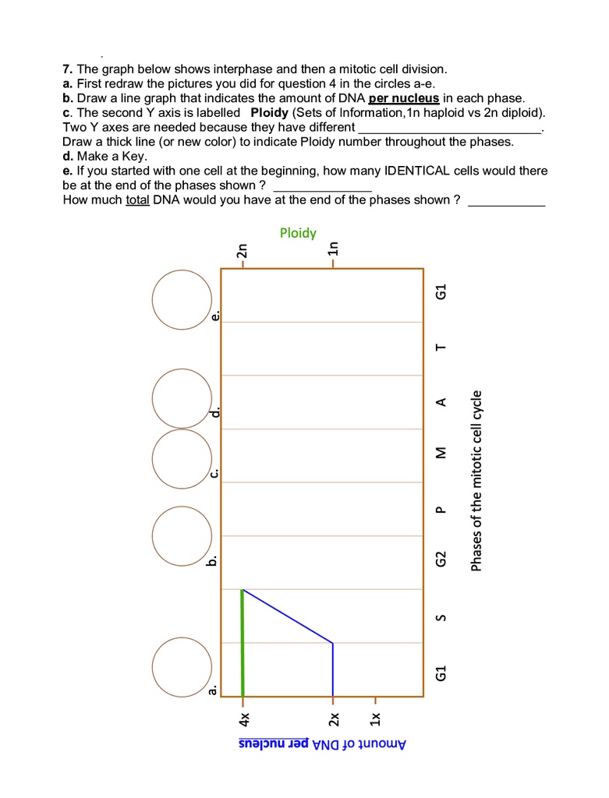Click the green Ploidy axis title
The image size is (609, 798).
[298, 233]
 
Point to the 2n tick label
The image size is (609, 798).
[243, 251]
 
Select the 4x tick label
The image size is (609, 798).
[243, 715]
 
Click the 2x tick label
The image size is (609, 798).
[333, 715]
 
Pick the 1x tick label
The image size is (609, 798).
[375, 715]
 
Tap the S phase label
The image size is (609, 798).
[441, 618]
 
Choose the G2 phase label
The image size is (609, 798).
[441, 560]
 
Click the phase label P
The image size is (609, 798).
[441, 510]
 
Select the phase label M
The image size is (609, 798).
[441, 453]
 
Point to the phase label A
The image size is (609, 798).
[441, 402]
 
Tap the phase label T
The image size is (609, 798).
[441, 348]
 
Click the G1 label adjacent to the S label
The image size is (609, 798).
[441, 672]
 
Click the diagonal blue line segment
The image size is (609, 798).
[288, 616]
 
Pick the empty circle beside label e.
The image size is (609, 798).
[182, 298]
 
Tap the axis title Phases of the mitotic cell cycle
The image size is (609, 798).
[476, 479]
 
